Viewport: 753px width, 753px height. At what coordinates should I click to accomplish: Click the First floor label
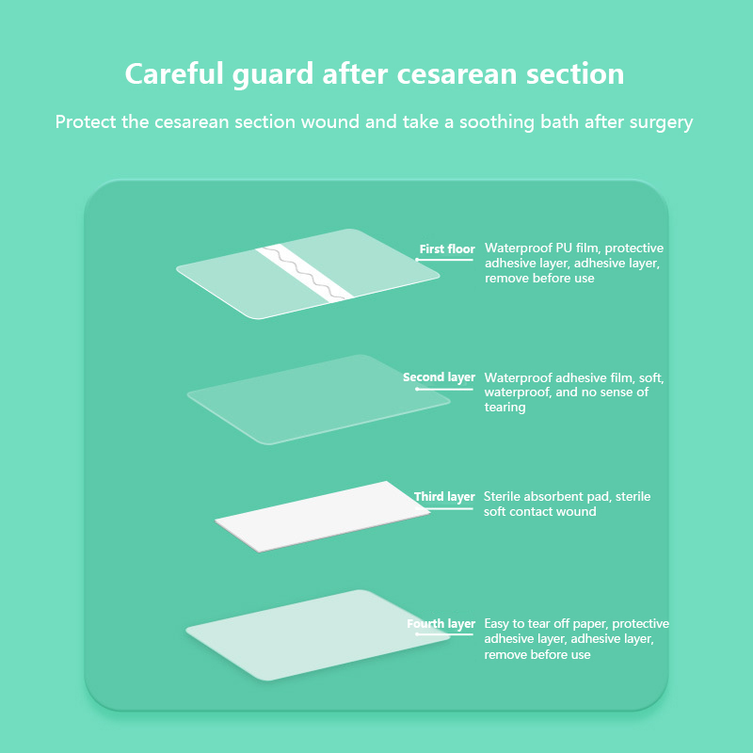(x=447, y=249)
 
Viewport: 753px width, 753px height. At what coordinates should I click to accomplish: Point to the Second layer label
(x=439, y=377)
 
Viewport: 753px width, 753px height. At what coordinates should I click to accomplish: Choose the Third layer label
(x=444, y=497)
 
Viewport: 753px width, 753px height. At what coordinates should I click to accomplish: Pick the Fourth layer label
(x=441, y=624)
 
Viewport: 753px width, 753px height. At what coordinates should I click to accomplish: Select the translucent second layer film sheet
(x=318, y=399)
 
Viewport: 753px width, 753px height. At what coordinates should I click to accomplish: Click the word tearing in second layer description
(x=505, y=408)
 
